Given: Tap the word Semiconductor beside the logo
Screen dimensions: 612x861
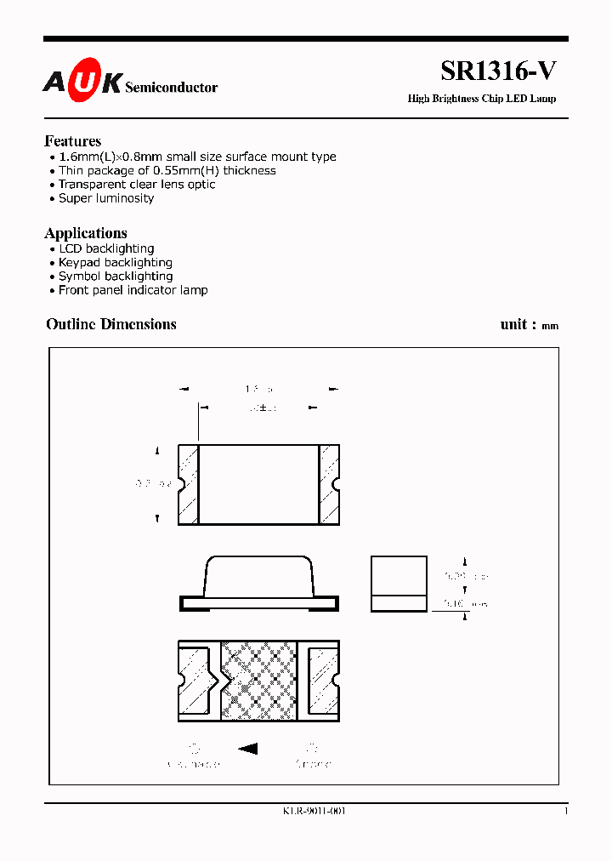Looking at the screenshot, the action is pos(171,87).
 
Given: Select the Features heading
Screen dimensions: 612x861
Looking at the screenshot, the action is pos(73,141).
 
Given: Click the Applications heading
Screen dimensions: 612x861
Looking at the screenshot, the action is pos(86,233).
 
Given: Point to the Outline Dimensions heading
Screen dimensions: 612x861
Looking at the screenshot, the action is pos(111,324).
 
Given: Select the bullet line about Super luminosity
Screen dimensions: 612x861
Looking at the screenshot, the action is pos(106,198).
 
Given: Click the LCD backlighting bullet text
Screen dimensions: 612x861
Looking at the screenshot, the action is pos(106,248).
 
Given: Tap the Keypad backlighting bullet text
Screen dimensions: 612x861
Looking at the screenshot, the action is pos(116,262).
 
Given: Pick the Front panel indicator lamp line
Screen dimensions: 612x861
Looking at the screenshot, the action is pos(133,290).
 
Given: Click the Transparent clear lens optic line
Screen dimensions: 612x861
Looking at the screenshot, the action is pos(137,185).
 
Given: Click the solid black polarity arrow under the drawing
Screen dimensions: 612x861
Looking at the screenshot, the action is pos(247,750).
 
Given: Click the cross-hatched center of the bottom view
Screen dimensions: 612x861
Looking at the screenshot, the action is pos(263,680).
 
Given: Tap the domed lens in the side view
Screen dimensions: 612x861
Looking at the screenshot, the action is pos(259,575).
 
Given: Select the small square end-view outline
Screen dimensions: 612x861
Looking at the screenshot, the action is pos(399,584).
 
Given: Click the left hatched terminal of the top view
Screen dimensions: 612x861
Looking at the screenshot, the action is pos(188,483).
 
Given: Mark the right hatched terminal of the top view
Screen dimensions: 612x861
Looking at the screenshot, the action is pos(329,483).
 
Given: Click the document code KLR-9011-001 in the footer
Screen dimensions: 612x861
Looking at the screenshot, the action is pos(314,811).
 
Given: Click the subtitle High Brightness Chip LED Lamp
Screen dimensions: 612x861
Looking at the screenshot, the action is pos(482,99).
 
